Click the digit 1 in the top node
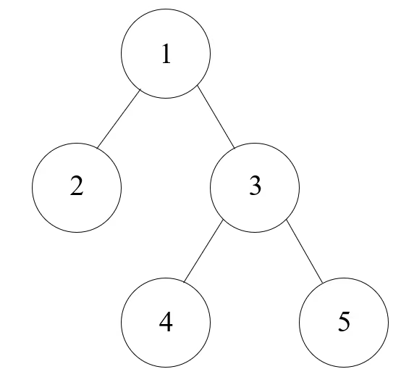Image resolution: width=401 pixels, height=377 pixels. point(166,54)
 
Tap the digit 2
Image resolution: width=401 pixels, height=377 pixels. point(77,186)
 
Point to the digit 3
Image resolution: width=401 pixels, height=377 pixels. point(255,186)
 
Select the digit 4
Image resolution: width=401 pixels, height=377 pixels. point(166,322)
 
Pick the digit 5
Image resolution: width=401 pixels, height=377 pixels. point(344,322)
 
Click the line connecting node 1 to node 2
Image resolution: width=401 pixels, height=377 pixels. point(119,118)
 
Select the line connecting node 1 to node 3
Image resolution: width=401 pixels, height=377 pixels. point(216,117)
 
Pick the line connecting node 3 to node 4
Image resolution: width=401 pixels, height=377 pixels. point(203,251)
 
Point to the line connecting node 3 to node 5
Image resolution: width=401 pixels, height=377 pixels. point(305,252)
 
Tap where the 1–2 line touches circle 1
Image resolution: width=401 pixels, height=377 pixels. point(141,89)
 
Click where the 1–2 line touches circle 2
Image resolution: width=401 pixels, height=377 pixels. point(97,148)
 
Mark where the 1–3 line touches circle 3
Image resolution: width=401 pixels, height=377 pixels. point(235,149)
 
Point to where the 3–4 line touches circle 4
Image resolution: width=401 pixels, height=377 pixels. point(184,282)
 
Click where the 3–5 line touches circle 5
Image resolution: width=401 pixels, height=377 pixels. point(323,283)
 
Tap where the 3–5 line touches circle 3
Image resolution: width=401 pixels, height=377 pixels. point(287,220)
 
